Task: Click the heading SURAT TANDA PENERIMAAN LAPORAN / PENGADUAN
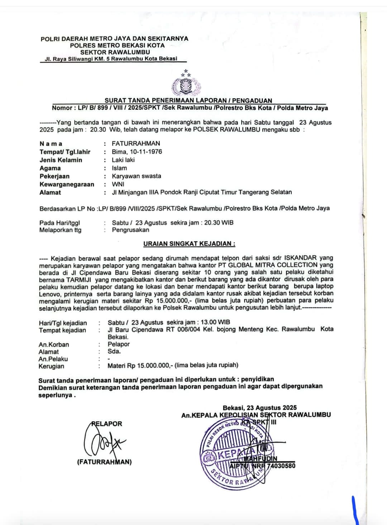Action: click(x=188, y=100)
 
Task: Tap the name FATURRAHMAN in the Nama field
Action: click(x=136, y=143)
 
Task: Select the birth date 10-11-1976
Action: click(x=146, y=152)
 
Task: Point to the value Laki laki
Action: click(x=123, y=160)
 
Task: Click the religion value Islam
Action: click(x=119, y=168)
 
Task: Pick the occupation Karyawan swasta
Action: click(x=136, y=176)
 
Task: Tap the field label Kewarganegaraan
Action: click(x=67, y=184)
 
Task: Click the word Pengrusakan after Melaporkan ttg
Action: click(x=130, y=230)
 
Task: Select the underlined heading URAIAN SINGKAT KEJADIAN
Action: click(x=189, y=244)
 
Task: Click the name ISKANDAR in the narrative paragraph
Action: click(x=300, y=258)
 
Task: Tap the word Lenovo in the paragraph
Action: click(x=49, y=293)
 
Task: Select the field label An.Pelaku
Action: click(x=53, y=359)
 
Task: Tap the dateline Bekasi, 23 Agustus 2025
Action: click(x=259, y=407)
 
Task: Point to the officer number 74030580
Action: click(x=281, y=466)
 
